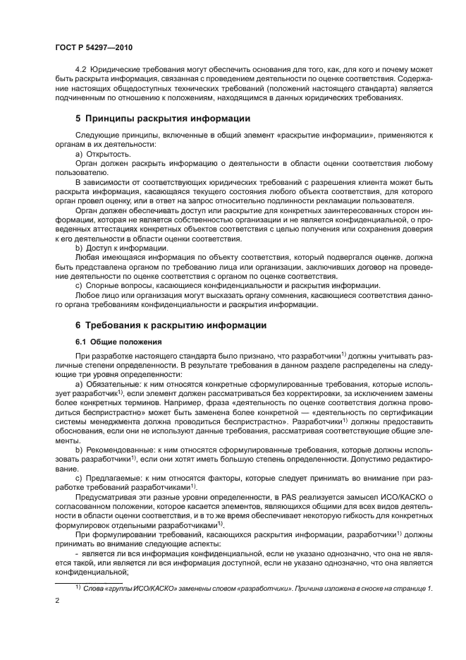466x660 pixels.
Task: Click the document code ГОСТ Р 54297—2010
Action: [x=93, y=47]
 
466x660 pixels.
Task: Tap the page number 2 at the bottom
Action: [x=57, y=600]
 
